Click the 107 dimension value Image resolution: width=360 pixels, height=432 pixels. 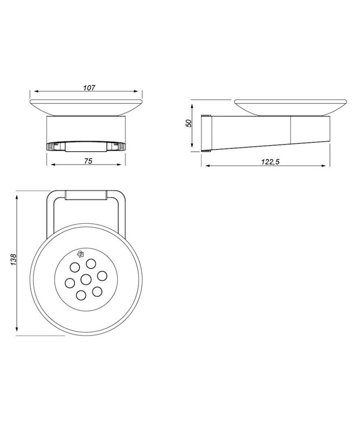[x=89, y=88]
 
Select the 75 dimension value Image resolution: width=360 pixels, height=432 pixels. [x=88, y=161]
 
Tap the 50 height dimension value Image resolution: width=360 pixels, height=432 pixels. [x=189, y=123]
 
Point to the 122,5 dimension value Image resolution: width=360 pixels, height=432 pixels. [x=270, y=162]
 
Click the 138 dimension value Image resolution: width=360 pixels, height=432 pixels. [x=13, y=260]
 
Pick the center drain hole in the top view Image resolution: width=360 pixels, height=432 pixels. [x=86, y=280]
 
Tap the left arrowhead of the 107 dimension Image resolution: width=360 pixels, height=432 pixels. [x=32, y=92]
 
